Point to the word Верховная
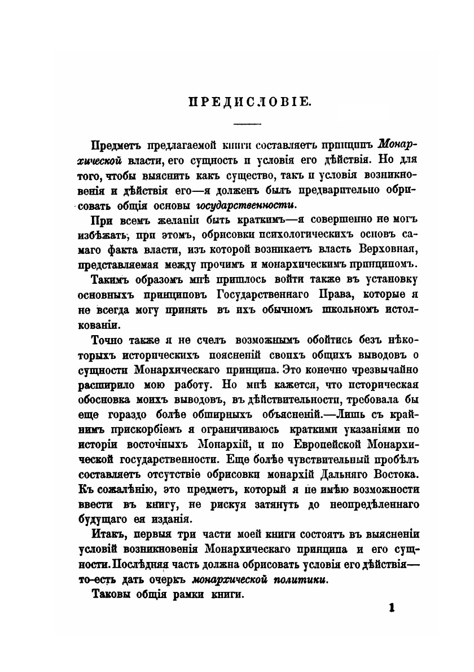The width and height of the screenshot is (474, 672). pos(392,249)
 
